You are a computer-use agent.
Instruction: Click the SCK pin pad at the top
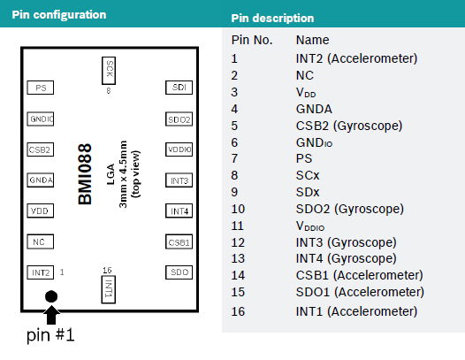tap(109, 71)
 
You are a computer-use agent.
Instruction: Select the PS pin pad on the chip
tap(41, 88)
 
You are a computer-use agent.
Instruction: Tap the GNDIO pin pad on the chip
tap(41, 119)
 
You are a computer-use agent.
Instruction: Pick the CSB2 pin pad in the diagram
tap(41, 149)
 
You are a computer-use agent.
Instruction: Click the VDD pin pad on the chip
tap(41, 211)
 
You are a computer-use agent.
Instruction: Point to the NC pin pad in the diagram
tap(41, 241)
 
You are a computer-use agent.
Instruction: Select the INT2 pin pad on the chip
tap(41, 272)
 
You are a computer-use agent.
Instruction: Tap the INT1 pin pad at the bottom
tap(109, 289)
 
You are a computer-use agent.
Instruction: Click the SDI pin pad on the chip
tap(179, 88)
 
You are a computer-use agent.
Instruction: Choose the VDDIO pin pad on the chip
tap(179, 149)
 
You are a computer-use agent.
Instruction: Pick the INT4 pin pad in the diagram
tap(179, 211)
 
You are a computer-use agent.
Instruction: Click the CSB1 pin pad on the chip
tap(179, 241)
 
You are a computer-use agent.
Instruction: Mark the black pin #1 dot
tap(51, 296)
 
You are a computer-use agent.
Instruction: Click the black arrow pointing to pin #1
tap(51, 315)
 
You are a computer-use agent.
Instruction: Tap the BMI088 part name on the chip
tap(85, 174)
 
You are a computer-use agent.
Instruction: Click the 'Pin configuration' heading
tap(59, 14)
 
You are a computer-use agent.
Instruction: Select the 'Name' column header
tap(313, 40)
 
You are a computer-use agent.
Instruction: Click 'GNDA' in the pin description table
tap(314, 109)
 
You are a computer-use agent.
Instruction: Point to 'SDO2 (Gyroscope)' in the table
tap(350, 210)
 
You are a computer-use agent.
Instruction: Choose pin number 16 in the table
tap(238, 311)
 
